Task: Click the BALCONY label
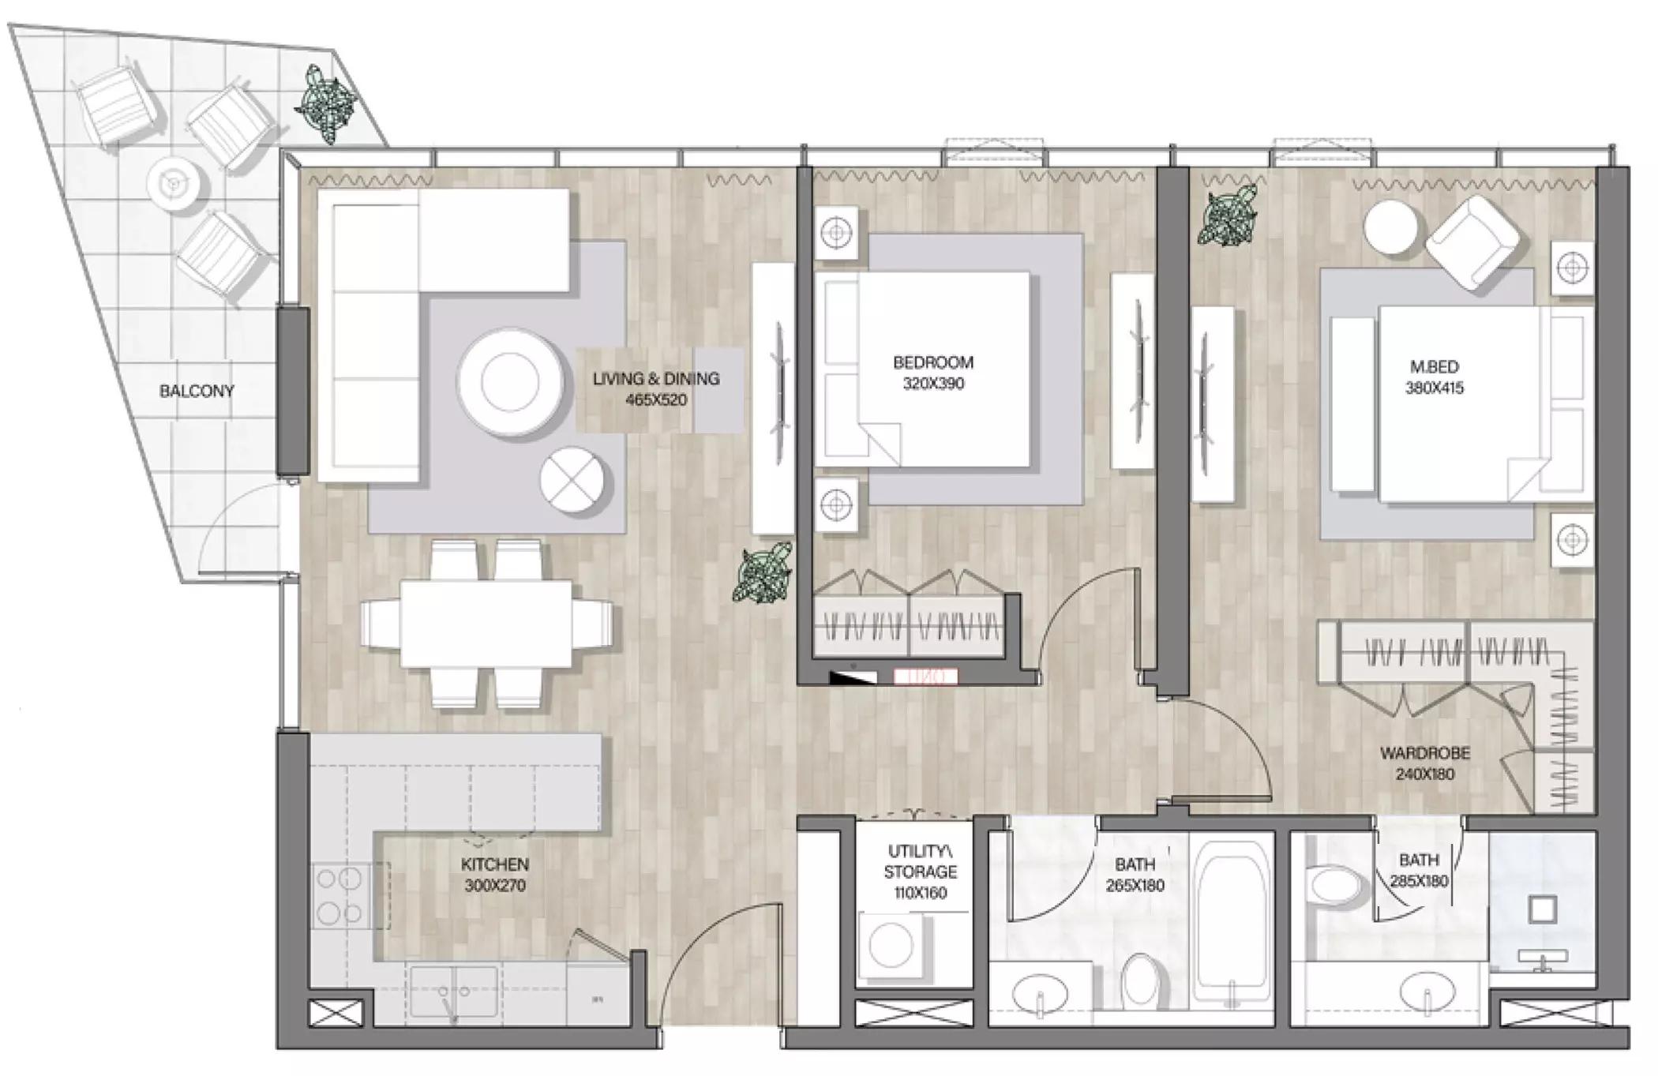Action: click(197, 391)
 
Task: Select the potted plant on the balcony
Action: click(324, 105)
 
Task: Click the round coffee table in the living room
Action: click(510, 383)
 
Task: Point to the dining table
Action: click(486, 624)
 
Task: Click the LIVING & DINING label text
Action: click(656, 379)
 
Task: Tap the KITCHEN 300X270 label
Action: click(495, 875)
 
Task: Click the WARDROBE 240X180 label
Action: click(1425, 763)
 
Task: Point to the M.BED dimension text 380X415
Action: click(1435, 388)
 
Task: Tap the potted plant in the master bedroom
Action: click(1226, 215)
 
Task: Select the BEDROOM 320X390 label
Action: click(933, 373)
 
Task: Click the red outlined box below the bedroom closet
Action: click(925, 677)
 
